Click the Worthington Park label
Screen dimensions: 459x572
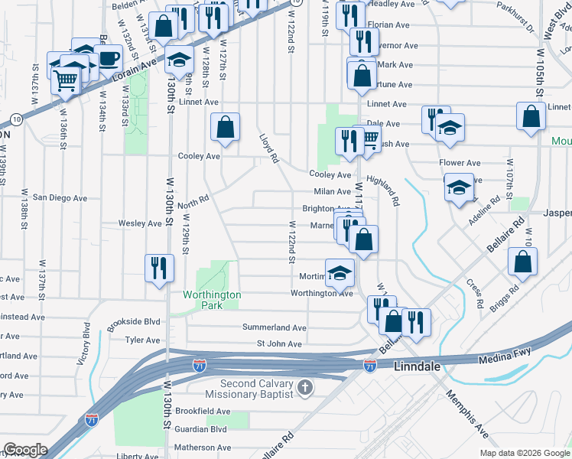point(212,300)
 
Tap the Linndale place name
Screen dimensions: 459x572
point(418,367)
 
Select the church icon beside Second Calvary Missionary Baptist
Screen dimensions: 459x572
point(305,388)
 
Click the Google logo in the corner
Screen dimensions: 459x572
point(24,450)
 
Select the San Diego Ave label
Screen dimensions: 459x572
point(60,197)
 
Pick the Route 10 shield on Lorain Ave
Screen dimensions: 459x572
point(15,119)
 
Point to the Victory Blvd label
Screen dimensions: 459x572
point(85,347)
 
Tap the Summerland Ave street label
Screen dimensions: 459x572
point(275,327)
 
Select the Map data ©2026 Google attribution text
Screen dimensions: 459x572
point(524,453)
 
